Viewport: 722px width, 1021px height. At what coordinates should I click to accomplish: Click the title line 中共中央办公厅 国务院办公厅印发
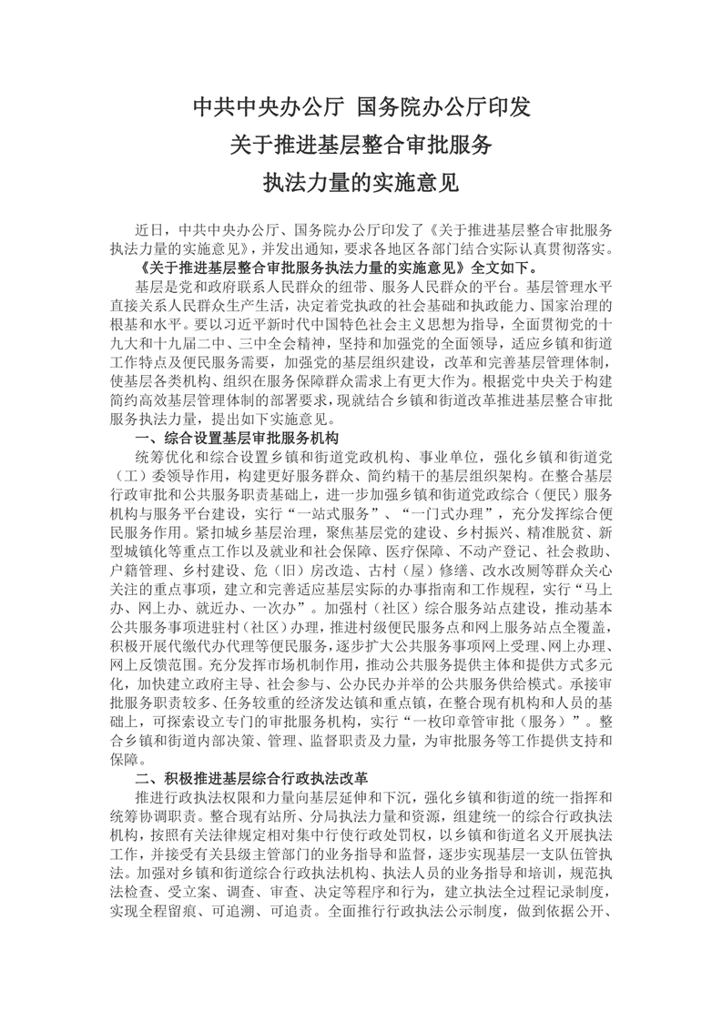361,108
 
